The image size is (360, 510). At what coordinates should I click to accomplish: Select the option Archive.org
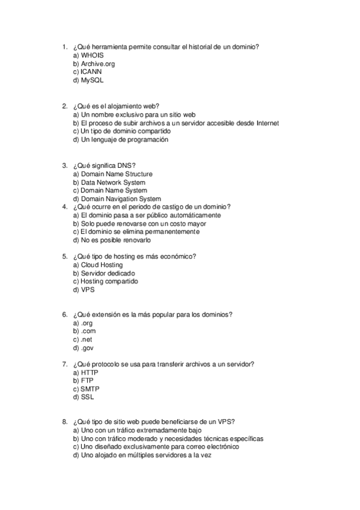[x=97, y=63]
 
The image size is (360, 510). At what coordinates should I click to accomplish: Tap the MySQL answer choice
[x=92, y=79]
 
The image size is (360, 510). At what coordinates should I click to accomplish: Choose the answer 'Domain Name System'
[x=114, y=191]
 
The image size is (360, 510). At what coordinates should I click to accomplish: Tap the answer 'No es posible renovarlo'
[x=115, y=240]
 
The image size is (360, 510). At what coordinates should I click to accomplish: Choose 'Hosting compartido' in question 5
[x=109, y=281]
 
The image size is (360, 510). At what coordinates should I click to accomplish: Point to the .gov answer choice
[x=87, y=348]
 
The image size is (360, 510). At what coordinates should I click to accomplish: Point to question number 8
[x=64, y=422]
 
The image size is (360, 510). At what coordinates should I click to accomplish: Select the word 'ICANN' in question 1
[x=91, y=71]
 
